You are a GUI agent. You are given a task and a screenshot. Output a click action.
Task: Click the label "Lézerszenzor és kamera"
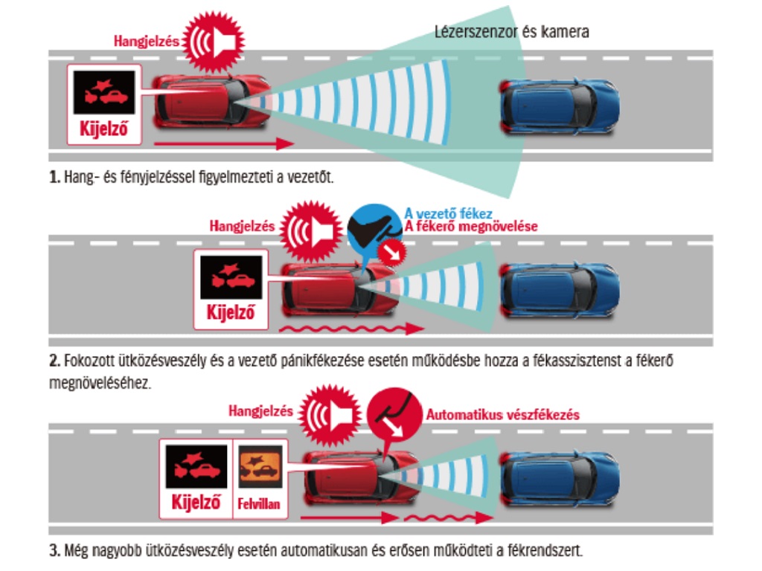tap(512, 32)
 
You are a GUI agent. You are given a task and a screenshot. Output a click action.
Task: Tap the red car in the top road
tap(212, 101)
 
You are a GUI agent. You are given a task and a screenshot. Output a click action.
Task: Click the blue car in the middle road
tap(560, 290)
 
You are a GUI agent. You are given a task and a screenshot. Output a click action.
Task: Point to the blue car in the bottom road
tap(560, 479)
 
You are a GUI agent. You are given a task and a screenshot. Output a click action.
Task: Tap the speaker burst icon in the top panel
tap(214, 42)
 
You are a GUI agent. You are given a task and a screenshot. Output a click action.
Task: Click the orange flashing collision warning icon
tap(260, 467)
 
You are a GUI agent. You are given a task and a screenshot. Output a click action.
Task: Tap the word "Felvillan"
tap(259, 504)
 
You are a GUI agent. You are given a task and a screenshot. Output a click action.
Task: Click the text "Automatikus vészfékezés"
tap(503, 415)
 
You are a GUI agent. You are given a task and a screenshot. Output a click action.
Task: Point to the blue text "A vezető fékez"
tap(449, 213)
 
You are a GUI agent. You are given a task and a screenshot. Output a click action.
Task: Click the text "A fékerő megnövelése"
tap(471, 227)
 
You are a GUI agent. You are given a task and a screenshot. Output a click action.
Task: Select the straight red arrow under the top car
tap(224, 143)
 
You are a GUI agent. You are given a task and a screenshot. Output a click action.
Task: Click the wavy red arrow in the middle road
tap(351, 329)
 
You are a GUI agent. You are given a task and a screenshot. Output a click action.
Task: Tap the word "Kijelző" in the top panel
tap(103, 129)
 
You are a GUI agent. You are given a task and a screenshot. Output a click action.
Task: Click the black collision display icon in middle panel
tap(231, 277)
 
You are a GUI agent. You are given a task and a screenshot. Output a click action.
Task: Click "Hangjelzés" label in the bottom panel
tap(261, 411)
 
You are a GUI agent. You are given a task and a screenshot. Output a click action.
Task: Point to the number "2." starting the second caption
tap(55, 361)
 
